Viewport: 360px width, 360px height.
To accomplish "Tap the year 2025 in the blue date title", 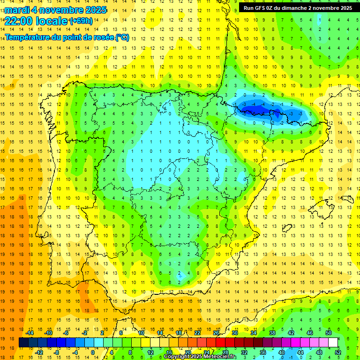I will tap(94, 10).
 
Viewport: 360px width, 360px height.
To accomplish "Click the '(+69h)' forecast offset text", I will tap(81, 21).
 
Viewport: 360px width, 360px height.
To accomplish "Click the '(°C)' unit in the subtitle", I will tap(122, 37).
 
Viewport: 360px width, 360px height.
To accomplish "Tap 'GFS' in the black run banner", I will tap(261, 8).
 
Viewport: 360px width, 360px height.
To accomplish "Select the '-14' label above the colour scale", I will tap(30, 332).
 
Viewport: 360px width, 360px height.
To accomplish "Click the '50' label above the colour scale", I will tap(328, 332).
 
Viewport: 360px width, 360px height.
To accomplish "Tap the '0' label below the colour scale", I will tap(93, 352).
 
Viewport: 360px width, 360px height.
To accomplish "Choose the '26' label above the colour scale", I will tap(216, 332).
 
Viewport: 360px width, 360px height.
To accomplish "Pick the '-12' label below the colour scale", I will tap(39, 352).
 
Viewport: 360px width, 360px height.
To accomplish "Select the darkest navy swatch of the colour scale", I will tap(23, 342).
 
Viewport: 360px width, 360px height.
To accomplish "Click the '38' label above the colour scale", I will tap(272, 332).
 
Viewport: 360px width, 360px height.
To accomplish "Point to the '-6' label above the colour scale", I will tap(67, 332).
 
